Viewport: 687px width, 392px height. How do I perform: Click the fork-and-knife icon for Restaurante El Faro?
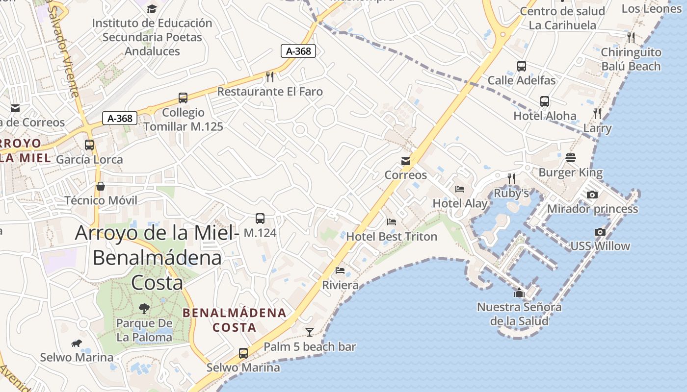tap(269, 76)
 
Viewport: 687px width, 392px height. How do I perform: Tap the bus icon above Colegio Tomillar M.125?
tap(183, 98)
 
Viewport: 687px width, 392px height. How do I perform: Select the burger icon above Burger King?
tap(570, 158)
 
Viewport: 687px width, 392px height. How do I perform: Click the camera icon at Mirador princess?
tap(592, 195)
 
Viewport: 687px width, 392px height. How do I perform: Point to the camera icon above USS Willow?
tap(600, 232)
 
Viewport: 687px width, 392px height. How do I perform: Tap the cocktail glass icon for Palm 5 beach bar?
tap(310, 332)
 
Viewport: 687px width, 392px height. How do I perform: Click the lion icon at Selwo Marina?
tap(76, 343)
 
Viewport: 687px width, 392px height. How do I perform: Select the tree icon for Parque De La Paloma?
tap(144, 309)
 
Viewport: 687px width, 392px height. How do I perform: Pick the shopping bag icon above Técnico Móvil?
tap(101, 186)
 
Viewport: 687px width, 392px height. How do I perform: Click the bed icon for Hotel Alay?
tap(460, 189)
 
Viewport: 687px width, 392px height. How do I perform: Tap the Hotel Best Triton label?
tap(392, 237)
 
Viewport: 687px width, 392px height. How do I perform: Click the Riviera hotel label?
tap(340, 285)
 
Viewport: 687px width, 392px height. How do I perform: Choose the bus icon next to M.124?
tap(260, 219)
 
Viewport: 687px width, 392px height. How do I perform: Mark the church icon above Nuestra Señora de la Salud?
tap(519, 293)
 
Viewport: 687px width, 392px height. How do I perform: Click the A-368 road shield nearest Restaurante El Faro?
tap(298, 50)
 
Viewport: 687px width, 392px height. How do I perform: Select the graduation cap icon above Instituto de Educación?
tap(152, 9)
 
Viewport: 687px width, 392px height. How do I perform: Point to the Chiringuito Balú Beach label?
tap(631, 59)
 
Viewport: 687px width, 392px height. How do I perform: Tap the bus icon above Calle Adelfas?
tap(522, 66)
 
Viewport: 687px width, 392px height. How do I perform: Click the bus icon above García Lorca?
tap(89, 145)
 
